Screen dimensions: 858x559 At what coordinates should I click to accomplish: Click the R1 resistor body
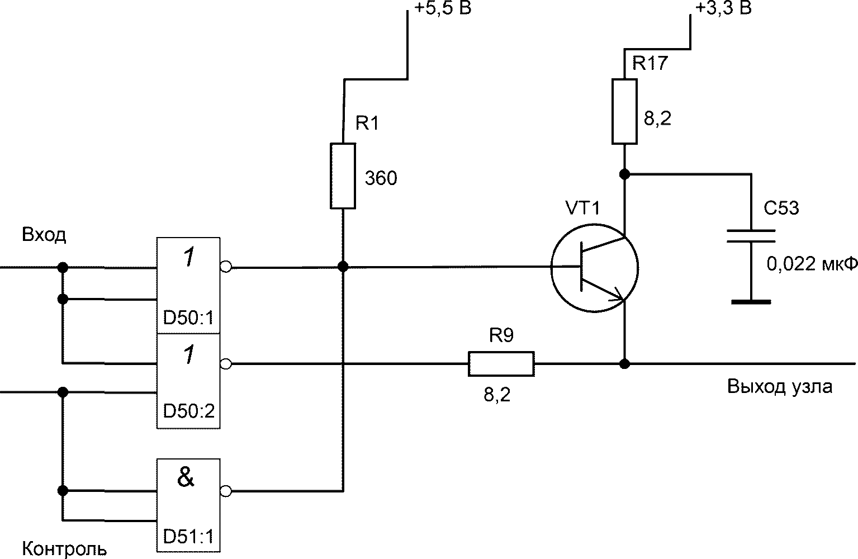[x=343, y=176]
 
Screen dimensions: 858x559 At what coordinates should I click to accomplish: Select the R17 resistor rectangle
[x=624, y=111]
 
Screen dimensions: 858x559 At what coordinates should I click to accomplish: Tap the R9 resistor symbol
[x=501, y=363]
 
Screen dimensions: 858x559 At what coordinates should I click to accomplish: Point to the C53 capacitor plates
[x=751, y=236]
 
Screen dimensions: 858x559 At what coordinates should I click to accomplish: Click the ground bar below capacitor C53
[x=751, y=302]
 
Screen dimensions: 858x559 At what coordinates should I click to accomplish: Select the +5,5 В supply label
[x=442, y=8]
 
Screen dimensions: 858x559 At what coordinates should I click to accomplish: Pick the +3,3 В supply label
[x=723, y=8]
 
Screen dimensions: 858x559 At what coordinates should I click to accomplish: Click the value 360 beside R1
[x=381, y=178]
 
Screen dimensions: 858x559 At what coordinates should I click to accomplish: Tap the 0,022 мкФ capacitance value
[x=812, y=264]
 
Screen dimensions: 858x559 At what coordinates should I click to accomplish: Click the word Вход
[x=44, y=234]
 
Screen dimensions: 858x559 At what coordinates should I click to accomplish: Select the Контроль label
[x=64, y=548]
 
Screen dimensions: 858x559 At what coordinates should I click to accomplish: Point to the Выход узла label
[x=780, y=387]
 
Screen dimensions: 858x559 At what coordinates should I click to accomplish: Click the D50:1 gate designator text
[x=188, y=318]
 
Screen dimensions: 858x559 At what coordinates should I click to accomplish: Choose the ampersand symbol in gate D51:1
[x=186, y=477]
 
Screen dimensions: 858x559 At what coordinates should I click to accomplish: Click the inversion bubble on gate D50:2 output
[x=226, y=364]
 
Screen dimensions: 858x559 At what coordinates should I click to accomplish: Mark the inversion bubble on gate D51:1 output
[x=226, y=491]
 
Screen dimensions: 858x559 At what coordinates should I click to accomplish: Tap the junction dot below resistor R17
[x=624, y=174]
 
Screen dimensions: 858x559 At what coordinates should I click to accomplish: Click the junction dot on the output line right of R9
[x=624, y=363]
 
